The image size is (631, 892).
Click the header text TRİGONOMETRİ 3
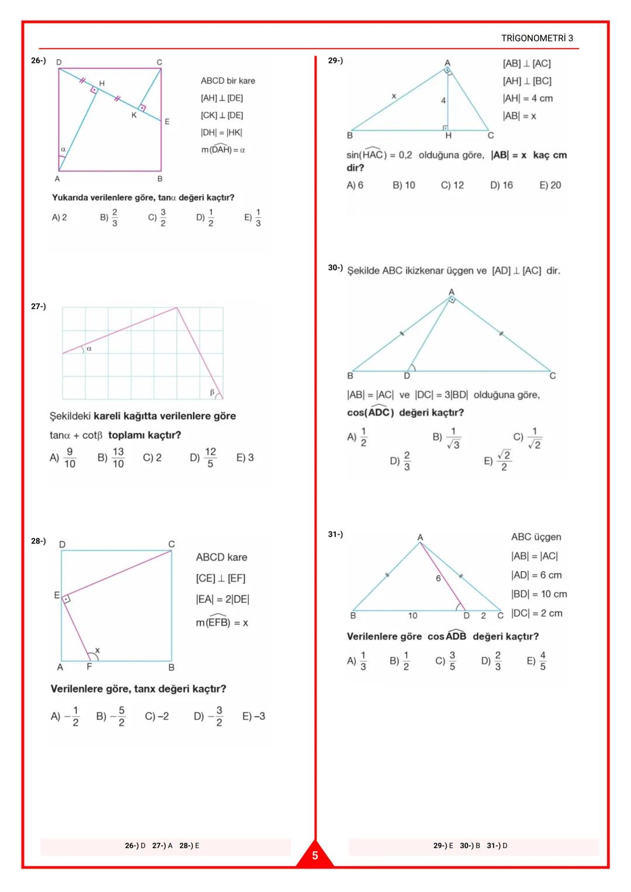click(537, 38)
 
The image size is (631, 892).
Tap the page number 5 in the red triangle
click(315, 856)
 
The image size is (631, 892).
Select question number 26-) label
click(39, 60)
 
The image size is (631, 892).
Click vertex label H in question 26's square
click(102, 84)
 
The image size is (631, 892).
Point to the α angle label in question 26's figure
click(63, 150)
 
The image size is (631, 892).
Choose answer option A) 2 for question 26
click(60, 217)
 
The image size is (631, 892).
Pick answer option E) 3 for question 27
click(245, 458)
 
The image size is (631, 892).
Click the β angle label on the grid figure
click(213, 392)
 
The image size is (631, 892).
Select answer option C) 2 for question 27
click(152, 458)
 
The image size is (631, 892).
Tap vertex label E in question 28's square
click(57, 595)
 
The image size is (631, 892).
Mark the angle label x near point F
click(98, 650)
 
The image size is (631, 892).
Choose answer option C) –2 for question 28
click(157, 716)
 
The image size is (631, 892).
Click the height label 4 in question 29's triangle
click(443, 101)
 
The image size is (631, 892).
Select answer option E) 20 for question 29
click(550, 185)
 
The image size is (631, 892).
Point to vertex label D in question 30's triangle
click(407, 376)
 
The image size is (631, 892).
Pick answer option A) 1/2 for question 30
click(357, 437)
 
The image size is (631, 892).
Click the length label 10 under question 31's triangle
click(412, 616)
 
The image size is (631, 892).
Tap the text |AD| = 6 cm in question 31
click(536, 575)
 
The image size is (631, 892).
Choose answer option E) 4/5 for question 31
click(536, 661)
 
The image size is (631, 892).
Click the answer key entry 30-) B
click(470, 846)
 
